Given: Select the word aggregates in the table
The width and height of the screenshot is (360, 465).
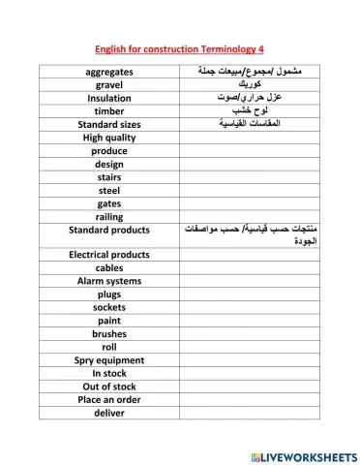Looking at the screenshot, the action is (109, 72).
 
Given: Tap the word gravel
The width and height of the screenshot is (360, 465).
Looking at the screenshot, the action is (109, 85).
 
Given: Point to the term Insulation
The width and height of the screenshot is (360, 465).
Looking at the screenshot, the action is (109, 98).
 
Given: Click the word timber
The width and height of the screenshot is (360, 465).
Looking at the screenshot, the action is (109, 111).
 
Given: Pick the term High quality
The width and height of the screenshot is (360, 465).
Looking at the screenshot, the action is (109, 138).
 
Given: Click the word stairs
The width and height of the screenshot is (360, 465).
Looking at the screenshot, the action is (109, 177).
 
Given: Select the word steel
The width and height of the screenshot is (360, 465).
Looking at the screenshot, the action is (109, 190).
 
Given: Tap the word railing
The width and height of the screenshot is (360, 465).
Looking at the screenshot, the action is (109, 217).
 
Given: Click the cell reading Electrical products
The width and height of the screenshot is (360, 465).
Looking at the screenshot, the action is (109, 255).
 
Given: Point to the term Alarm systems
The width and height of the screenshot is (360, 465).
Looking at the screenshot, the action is (109, 281).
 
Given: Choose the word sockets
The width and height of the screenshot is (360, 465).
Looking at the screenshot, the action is (109, 307).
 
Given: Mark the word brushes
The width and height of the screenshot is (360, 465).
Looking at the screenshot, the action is (109, 333).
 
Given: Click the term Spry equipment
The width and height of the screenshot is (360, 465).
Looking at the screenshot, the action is (109, 359).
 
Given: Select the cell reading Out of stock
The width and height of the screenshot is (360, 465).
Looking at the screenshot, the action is (109, 386).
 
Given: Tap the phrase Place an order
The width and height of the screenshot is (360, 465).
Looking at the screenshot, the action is (109, 399).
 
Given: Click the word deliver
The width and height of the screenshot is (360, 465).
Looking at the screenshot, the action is (109, 413).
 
